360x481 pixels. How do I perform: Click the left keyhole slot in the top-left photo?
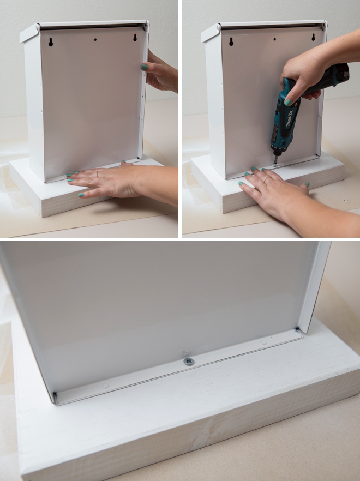[51, 42]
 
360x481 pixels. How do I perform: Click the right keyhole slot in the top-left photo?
[135, 38]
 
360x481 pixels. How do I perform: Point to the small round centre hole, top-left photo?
[95, 40]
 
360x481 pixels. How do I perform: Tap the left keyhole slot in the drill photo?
[231, 41]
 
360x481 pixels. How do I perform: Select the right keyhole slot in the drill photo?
[313, 38]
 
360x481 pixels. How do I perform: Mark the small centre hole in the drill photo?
[275, 39]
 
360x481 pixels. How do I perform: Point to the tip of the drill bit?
[274, 166]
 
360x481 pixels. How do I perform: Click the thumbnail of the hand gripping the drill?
[288, 102]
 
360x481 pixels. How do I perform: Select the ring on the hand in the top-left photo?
[97, 174]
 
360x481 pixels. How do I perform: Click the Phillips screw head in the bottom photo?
[189, 362]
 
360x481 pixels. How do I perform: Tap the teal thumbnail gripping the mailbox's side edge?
[144, 67]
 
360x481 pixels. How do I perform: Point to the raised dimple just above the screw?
[183, 352]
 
